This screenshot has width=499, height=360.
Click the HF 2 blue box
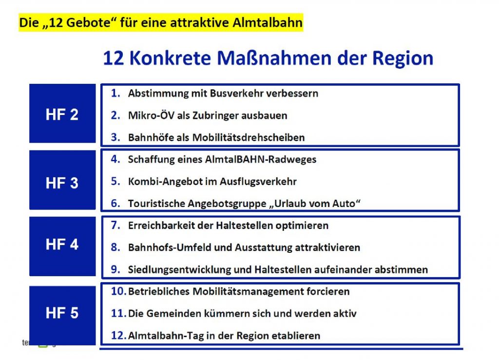[x=62, y=114]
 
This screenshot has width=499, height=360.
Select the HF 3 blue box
[x=62, y=180]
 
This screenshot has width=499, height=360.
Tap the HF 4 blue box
[x=62, y=246]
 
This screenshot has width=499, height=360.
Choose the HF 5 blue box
[x=62, y=316]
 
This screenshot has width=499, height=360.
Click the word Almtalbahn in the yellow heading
[x=268, y=22]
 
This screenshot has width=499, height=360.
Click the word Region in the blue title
[x=403, y=59]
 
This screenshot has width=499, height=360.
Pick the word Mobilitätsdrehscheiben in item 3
[x=249, y=137]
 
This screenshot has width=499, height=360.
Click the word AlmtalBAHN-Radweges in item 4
[x=261, y=159]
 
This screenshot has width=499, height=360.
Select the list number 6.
[x=115, y=203]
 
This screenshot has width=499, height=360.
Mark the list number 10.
[x=118, y=291]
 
